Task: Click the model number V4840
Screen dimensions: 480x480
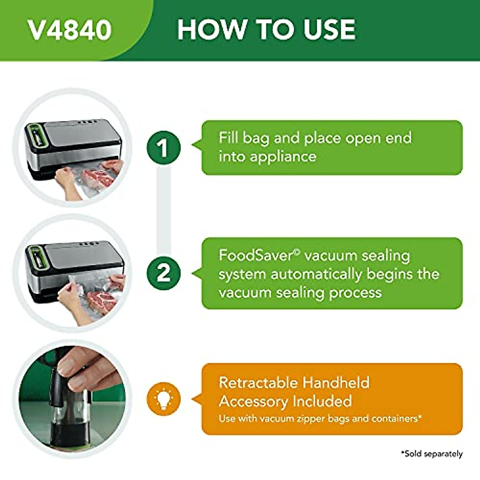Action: [x=70, y=30]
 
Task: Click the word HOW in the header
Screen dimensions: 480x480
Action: [x=211, y=30]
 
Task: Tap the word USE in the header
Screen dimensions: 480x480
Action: [x=329, y=30]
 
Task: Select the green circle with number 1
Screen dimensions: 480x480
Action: [x=163, y=148]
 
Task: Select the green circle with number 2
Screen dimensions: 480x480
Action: [x=163, y=273]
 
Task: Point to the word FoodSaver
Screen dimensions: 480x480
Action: [x=256, y=256]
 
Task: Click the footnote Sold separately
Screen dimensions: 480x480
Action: [x=432, y=454]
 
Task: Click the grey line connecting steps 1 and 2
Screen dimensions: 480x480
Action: [x=163, y=210]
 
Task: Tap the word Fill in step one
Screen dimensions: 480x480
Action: [x=228, y=138]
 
